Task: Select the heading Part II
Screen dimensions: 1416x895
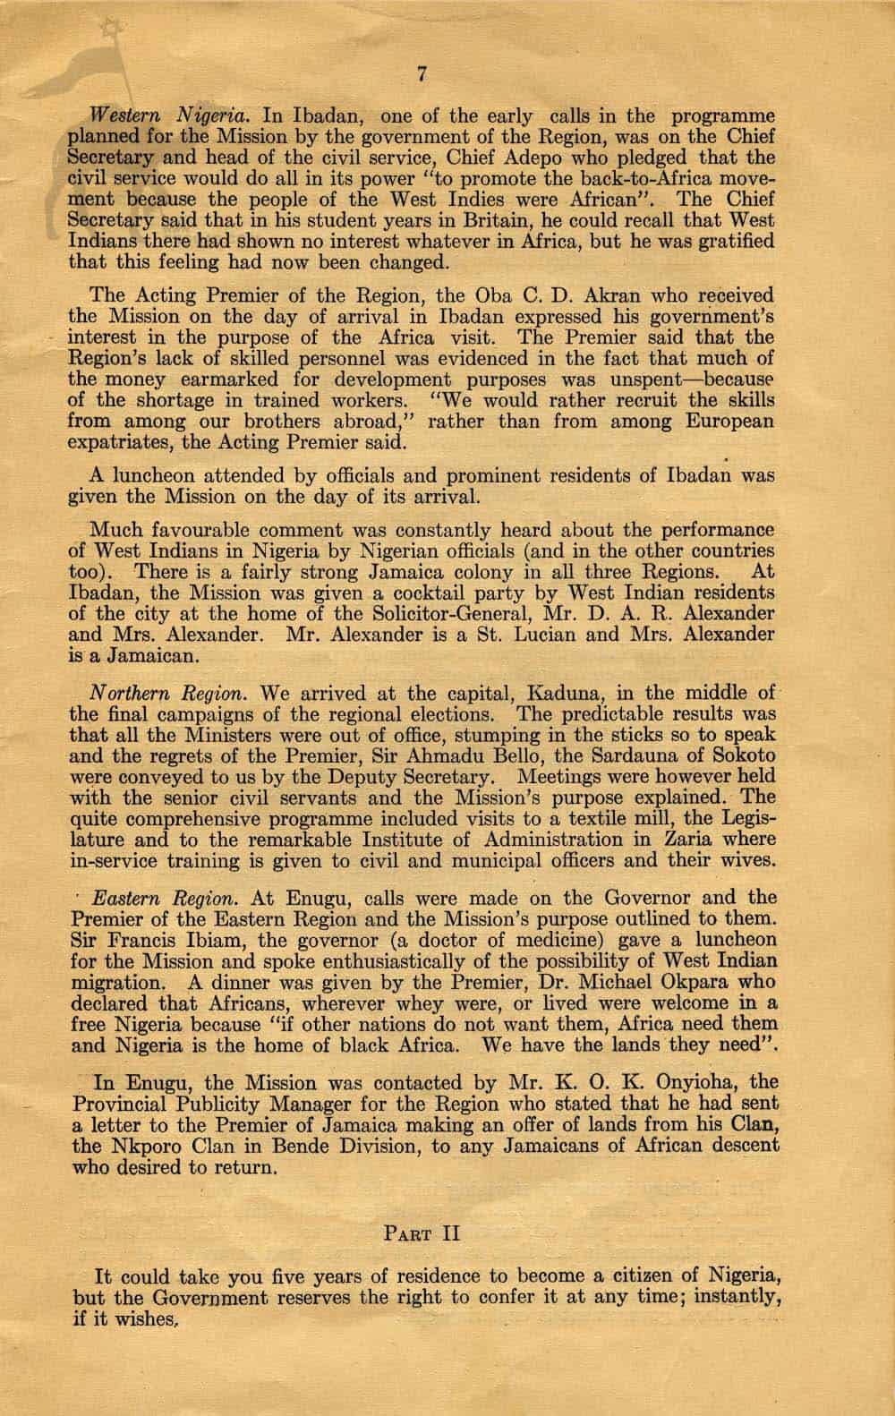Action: pyautogui.click(x=422, y=1233)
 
